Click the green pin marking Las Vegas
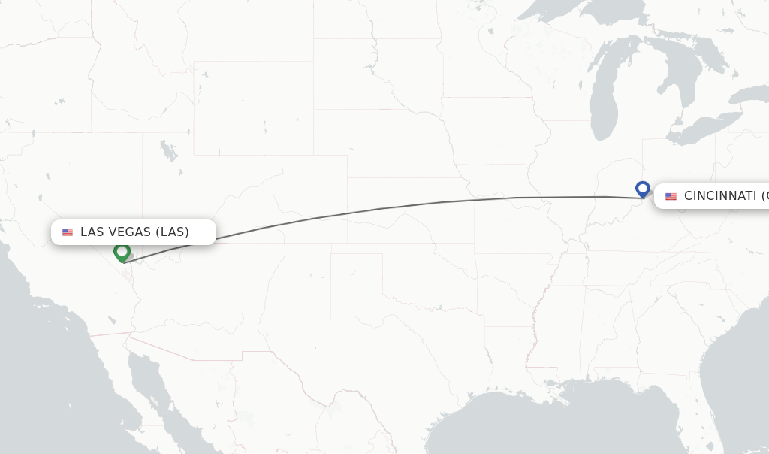point(122,252)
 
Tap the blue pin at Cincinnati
point(642,188)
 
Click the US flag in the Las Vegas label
point(68,232)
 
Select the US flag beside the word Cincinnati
point(671,196)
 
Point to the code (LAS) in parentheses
point(173,232)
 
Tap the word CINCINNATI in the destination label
point(720,196)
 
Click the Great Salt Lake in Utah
point(168,151)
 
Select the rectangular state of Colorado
point(287,200)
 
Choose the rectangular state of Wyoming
point(253,105)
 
